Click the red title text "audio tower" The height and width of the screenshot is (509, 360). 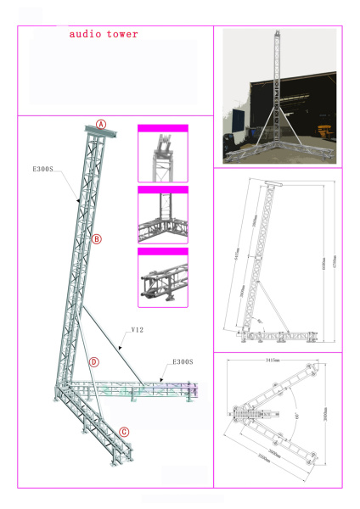pyautogui.click(x=103, y=34)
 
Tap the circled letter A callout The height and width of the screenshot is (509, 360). pyautogui.click(x=101, y=124)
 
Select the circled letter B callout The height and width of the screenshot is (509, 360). pyautogui.click(x=96, y=239)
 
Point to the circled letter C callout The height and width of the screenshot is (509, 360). pyautogui.click(x=124, y=432)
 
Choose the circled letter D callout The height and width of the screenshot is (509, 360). pyautogui.click(x=93, y=362)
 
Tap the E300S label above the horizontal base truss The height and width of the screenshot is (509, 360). pyautogui.click(x=183, y=362)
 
